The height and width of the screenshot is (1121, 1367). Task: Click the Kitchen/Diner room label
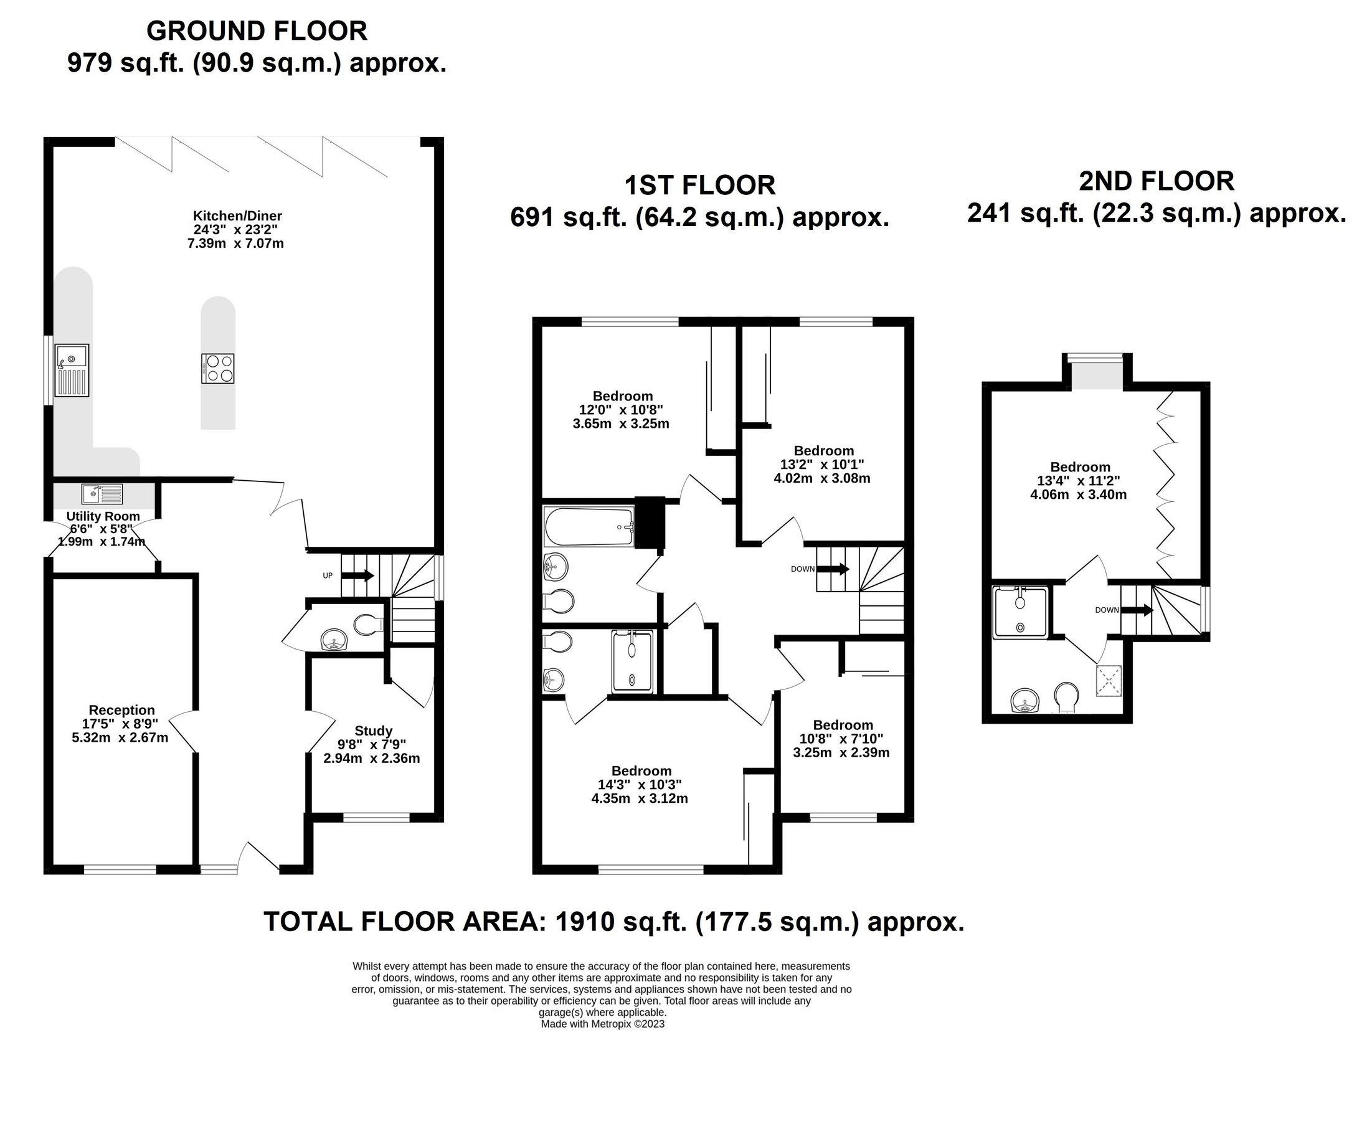238,216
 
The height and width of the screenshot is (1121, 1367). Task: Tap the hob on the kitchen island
217,369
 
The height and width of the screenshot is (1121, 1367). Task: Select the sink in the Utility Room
102,494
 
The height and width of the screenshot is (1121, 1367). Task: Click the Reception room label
121,711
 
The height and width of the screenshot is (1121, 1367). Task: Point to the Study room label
373,731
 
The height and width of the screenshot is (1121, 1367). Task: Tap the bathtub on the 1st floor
590,527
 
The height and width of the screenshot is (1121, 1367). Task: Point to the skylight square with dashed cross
1109,681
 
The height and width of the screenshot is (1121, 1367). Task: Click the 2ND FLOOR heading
1157,181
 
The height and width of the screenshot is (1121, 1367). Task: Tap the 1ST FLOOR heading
700,186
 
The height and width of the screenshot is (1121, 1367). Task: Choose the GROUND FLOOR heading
257,31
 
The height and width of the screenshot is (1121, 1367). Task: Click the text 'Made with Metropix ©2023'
602,1023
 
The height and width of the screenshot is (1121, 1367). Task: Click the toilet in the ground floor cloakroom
369,625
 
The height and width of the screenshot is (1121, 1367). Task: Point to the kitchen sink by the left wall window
72,370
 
